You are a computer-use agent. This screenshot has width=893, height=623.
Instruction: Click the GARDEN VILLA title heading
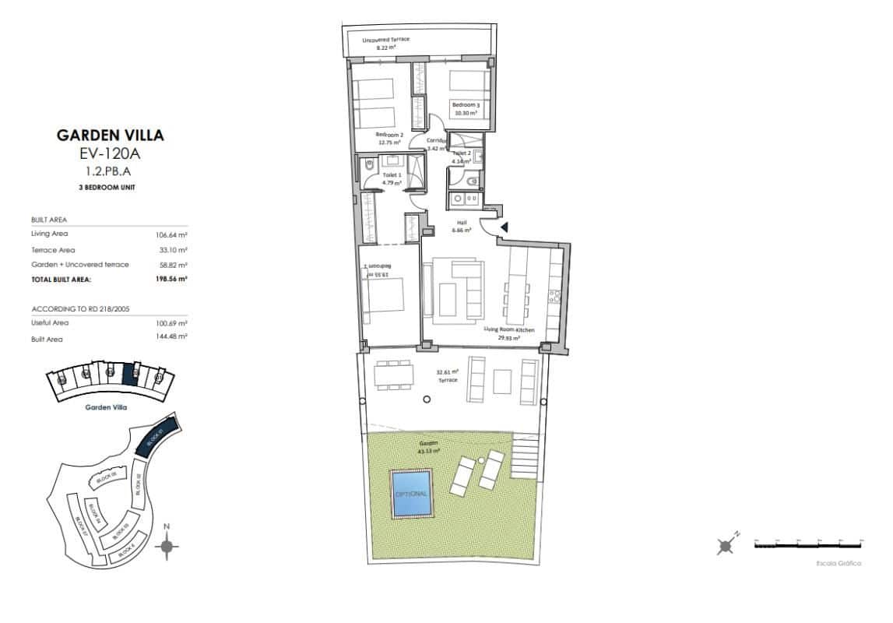pyautogui.click(x=111, y=135)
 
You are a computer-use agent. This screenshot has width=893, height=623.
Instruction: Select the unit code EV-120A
pyautogui.click(x=111, y=153)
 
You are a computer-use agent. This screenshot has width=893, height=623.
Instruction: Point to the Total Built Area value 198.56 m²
pyautogui.click(x=172, y=278)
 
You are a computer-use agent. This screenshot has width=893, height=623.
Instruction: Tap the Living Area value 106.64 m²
pyautogui.click(x=172, y=234)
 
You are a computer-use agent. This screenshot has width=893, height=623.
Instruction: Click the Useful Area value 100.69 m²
pyautogui.click(x=172, y=322)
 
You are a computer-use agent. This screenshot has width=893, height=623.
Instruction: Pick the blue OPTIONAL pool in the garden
pyautogui.click(x=411, y=494)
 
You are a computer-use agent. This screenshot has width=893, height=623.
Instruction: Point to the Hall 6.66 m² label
pyautogui.click(x=462, y=227)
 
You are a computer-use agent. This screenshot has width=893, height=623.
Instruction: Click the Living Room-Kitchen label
pyautogui.click(x=509, y=334)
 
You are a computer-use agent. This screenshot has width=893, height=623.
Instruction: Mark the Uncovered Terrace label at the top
pyautogui.click(x=386, y=43)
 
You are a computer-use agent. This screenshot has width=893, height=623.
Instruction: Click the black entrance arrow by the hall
pyautogui.click(x=504, y=227)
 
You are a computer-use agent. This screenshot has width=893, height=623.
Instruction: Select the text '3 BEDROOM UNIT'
pyautogui.click(x=111, y=189)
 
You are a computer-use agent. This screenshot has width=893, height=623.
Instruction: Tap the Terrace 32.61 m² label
pyautogui.click(x=448, y=377)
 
